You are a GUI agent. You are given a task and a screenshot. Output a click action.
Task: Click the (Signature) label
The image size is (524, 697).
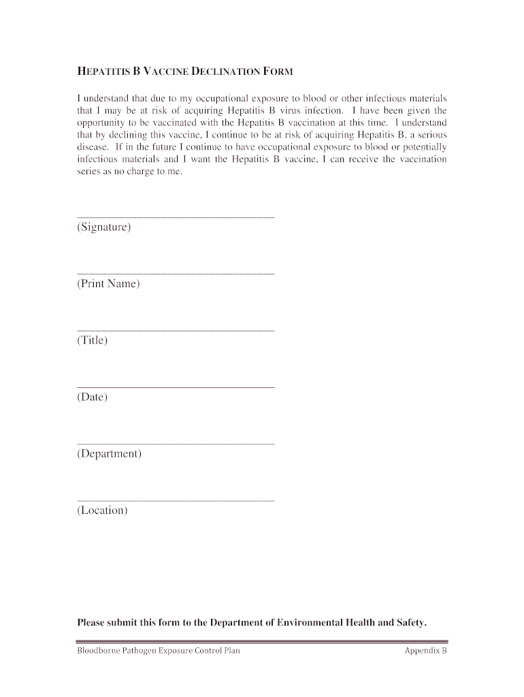(104, 227)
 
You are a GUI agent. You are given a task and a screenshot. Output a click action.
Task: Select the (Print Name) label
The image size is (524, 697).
(108, 283)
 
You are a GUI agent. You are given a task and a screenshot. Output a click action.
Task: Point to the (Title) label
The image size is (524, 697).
(93, 340)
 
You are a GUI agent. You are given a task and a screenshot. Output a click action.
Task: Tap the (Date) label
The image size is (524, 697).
(93, 396)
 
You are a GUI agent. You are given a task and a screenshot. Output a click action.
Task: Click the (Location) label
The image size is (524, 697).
(102, 510)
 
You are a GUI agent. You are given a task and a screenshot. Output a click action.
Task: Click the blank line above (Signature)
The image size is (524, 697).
(176, 217)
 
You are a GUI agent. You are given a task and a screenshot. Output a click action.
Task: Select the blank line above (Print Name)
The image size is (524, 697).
(176, 274)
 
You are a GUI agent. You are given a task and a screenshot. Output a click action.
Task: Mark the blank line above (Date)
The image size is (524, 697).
(176, 387)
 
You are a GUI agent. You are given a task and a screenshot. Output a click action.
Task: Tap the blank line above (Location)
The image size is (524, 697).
(176, 500)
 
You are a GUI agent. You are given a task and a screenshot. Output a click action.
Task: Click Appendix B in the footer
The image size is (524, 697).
(425, 651)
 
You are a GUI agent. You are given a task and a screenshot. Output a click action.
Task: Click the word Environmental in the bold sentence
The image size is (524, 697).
(310, 622)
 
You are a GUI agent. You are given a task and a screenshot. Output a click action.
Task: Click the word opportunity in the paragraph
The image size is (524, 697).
(101, 123)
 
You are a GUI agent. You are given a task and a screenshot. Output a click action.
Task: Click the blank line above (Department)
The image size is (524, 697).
(176, 444)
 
